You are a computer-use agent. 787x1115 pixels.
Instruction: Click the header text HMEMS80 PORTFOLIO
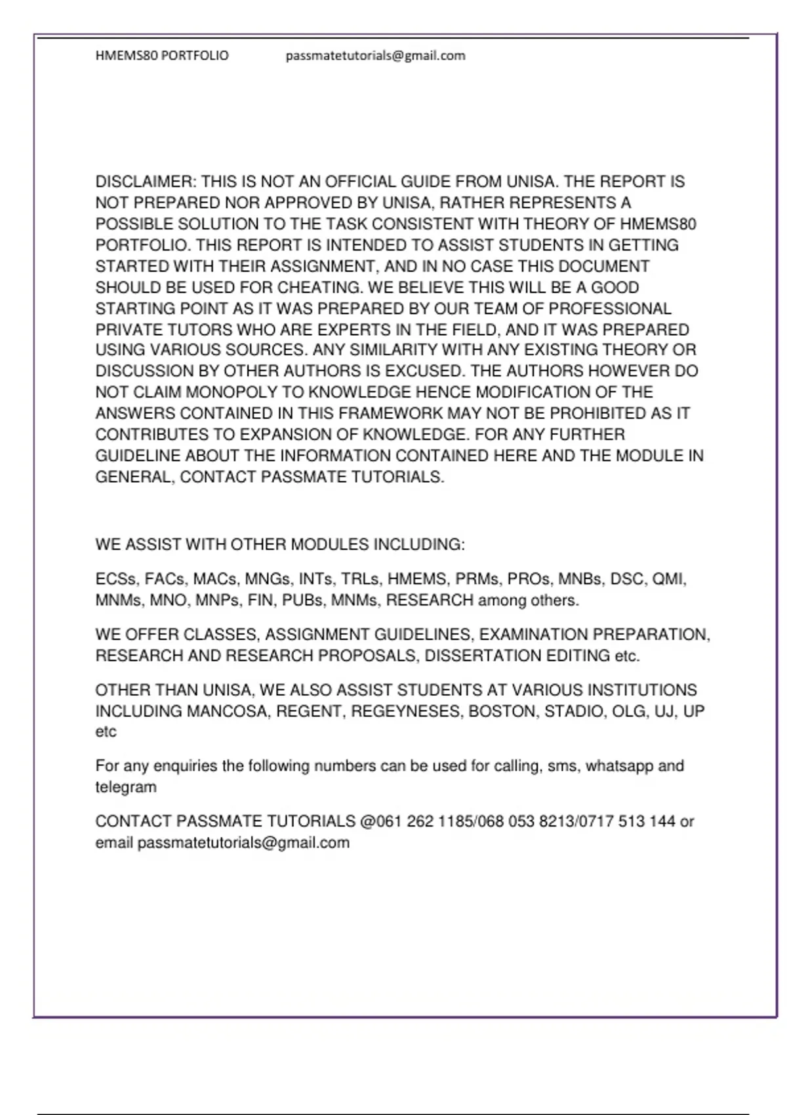click(162, 56)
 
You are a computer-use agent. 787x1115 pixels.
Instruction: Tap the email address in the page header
click(375, 56)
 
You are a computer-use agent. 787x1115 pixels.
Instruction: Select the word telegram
click(126, 787)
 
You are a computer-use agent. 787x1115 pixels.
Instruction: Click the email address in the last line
click(243, 843)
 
